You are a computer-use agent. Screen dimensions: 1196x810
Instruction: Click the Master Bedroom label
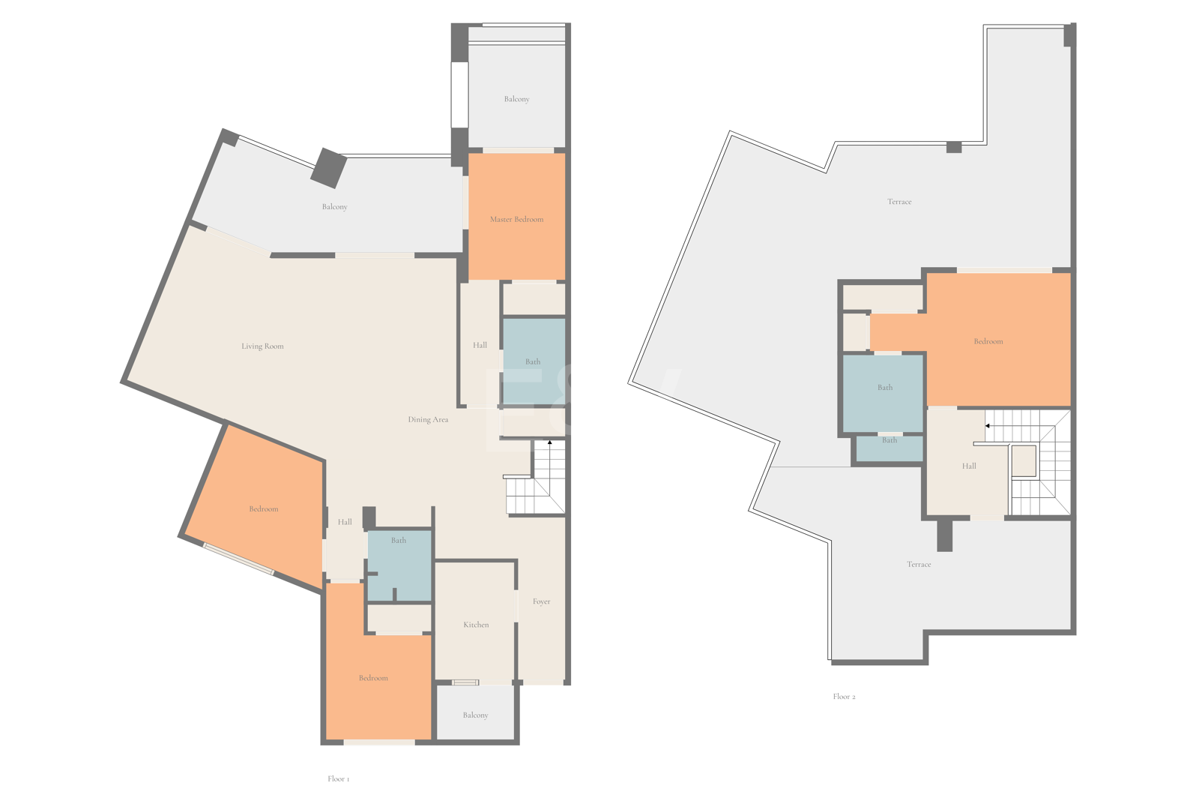coord(516,219)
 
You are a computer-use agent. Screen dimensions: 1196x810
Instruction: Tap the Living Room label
coord(262,346)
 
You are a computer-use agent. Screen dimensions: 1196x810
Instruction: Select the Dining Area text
coord(428,419)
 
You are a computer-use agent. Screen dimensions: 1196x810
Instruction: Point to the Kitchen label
coord(476,625)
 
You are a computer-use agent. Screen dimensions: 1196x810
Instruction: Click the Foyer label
coord(541,601)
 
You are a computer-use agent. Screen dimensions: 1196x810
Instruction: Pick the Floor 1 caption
coord(338,779)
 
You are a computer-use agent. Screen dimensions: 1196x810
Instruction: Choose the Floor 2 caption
coord(844,697)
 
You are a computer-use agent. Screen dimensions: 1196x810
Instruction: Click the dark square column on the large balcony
coord(329,168)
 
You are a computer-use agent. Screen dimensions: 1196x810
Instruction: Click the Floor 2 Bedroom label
coord(988,341)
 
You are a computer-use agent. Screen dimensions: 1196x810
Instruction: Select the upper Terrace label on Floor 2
coord(899,202)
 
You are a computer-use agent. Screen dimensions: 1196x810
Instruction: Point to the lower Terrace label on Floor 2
coord(919,564)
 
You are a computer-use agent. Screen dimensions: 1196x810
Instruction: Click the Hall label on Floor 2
coord(968,466)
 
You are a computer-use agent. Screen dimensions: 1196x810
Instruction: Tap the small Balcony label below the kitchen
coord(475,715)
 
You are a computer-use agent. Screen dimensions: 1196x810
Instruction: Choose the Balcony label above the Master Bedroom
coord(516,99)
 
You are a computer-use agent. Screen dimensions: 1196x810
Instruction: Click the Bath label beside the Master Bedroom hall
coord(532,361)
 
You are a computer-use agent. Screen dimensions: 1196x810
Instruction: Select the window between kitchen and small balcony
coord(465,682)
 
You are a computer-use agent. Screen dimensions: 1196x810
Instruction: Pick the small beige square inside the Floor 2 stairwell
coord(1024,460)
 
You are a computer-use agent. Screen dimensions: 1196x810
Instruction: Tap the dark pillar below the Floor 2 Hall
coord(944,535)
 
